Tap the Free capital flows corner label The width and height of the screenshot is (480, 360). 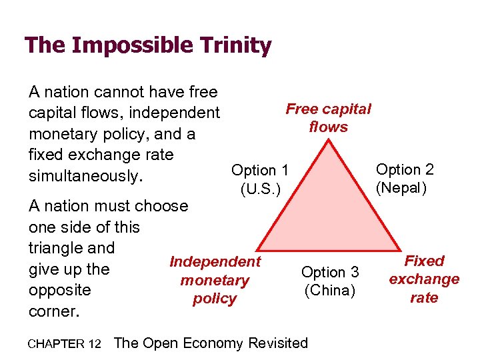pos(328,117)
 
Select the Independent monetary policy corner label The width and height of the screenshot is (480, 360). pos(215,280)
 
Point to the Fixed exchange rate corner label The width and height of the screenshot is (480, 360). pos(424,279)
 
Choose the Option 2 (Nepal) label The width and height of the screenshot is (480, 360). pos(405,179)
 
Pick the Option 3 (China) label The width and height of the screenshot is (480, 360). pos(330,281)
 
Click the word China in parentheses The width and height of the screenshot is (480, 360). pos(330,291)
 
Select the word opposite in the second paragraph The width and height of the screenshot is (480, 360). pos(59,291)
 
